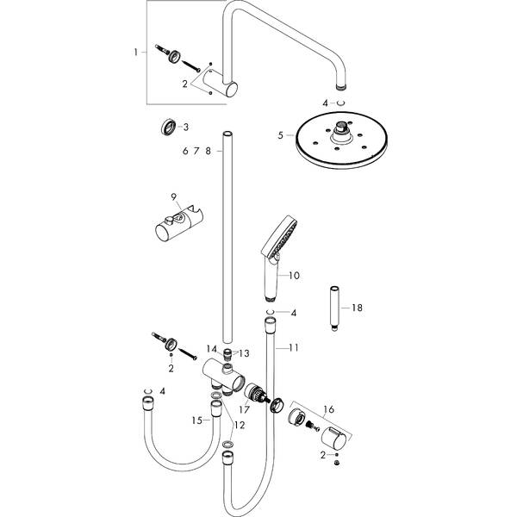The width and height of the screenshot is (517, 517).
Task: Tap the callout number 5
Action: pos(281,135)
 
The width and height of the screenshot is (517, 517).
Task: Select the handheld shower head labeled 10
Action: pos(278,257)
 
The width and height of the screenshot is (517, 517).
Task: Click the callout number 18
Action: pos(357,308)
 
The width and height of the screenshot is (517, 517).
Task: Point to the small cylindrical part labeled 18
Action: pos(334,308)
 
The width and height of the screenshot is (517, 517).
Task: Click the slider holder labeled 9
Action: pos(179,224)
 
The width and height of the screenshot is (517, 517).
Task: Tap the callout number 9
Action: pos(174,196)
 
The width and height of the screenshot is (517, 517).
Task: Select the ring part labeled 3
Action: pos(167,127)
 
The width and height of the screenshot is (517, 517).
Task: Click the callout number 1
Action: pos(135,52)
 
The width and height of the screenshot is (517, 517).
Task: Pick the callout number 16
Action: pos(329,409)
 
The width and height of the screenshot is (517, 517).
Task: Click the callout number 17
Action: pos(245,410)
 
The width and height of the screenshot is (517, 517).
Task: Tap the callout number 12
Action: pos(240,426)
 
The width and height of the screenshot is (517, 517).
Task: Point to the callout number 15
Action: pos(196,420)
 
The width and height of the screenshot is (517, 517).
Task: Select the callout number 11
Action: pos(294,347)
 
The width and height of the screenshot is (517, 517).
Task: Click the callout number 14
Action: pos(212,349)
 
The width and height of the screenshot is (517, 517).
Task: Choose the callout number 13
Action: pos(245,353)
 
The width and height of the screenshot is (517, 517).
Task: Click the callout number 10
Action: pos(294,275)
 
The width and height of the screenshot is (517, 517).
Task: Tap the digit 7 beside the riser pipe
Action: pos(196,151)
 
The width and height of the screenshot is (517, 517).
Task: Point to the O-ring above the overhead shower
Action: pos(340,103)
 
